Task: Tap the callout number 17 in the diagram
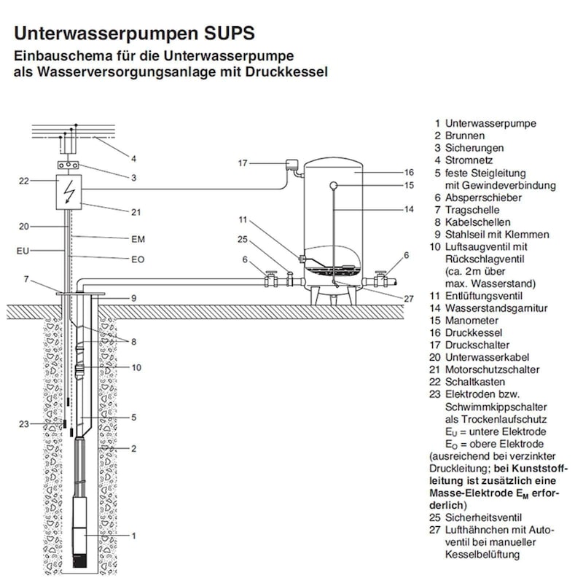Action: pos(243,163)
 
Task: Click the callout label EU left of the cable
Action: pos(23,251)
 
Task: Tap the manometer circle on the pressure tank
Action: pos(334,185)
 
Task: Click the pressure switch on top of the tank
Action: pos(294,165)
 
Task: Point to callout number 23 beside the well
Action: pos(25,423)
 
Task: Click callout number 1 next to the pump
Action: pos(134,536)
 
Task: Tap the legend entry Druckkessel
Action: pos(472,333)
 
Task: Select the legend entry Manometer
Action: pos(472,321)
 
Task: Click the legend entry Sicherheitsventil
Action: pos(482,517)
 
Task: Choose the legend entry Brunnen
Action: pos(464,136)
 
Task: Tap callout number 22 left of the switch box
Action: pos(23,181)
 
